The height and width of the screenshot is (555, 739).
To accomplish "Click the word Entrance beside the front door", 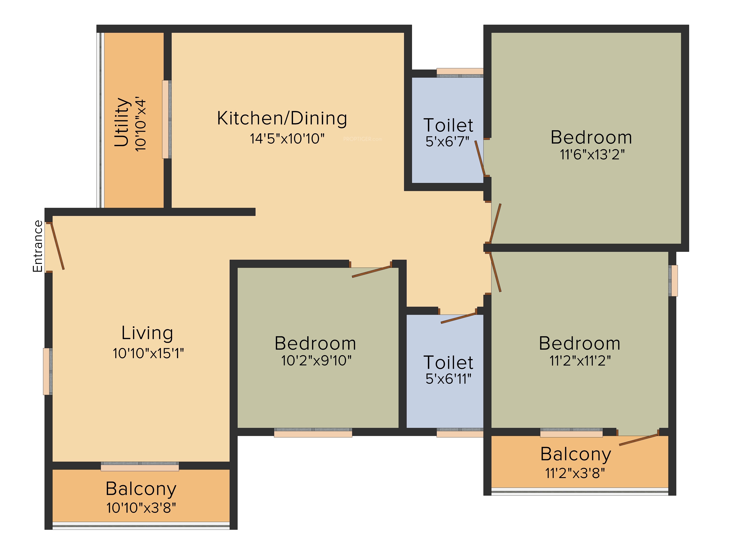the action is (38, 246).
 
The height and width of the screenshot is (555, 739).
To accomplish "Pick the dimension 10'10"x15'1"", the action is (148, 353).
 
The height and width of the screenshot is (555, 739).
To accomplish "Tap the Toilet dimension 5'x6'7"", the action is (447, 142).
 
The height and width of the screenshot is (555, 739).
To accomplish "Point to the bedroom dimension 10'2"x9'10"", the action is (316, 361).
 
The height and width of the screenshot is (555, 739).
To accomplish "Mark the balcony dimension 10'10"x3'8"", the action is (141, 508).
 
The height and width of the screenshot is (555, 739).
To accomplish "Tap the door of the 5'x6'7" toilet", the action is (480, 158).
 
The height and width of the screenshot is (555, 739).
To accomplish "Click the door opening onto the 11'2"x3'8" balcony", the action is (638, 440).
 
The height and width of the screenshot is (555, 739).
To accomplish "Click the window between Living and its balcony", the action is (140, 466).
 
